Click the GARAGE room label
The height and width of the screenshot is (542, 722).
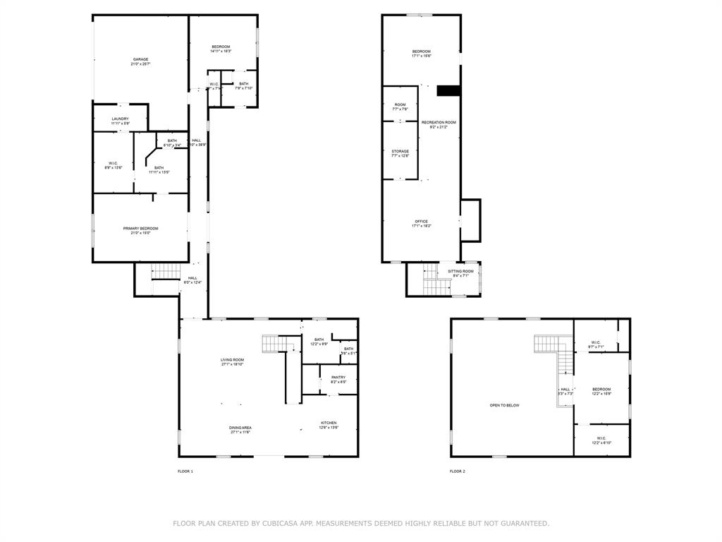(140, 59)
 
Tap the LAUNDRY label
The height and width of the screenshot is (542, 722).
(120, 119)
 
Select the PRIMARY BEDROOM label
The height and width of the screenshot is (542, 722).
(140, 229)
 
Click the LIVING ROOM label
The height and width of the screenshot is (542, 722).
(232, 360)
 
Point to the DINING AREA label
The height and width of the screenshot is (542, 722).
(240, 428)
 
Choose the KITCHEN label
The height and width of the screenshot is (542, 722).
(329, 423)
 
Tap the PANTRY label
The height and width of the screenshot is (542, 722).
(338, 378)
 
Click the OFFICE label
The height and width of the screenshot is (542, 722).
(421, 222)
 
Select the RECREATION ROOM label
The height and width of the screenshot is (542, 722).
(439, 123)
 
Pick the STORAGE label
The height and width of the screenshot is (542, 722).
(400, 151)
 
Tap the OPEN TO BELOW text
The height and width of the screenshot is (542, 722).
(505, 405)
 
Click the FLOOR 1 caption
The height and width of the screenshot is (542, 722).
(185, 471)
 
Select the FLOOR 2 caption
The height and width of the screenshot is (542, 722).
(458, 471)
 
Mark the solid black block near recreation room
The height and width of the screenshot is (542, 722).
(448, 90)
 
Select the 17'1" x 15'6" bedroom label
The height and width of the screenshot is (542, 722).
(421, 52)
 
